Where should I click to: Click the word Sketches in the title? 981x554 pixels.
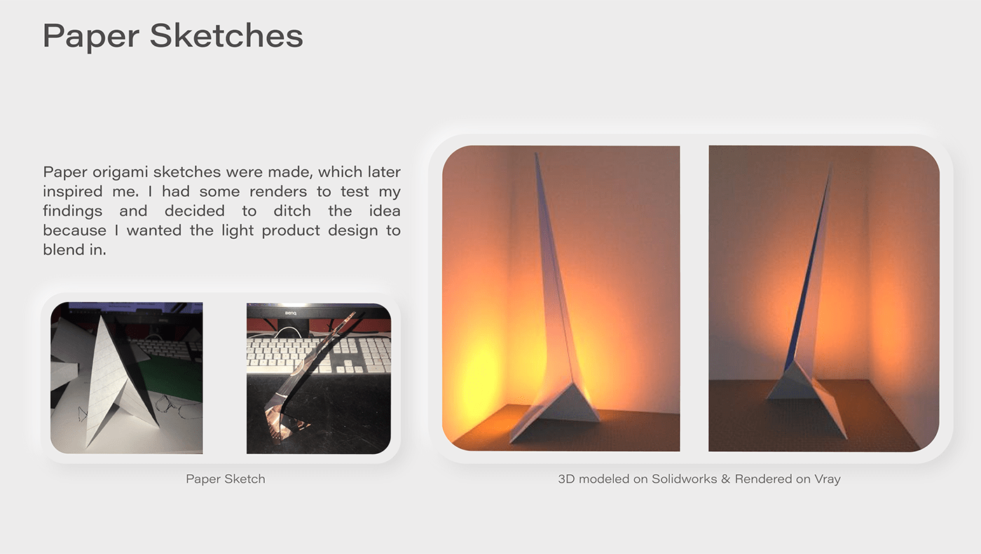226,35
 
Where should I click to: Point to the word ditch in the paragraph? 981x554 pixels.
292,211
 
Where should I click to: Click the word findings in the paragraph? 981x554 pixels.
73,212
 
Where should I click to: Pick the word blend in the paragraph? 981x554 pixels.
62,249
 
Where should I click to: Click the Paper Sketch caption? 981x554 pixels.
226,479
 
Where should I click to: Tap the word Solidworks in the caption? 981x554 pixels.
684,479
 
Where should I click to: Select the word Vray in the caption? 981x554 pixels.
828,479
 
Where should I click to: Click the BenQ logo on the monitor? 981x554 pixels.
291,313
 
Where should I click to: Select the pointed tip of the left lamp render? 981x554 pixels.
536,153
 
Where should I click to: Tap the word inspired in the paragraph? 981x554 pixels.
72,192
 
